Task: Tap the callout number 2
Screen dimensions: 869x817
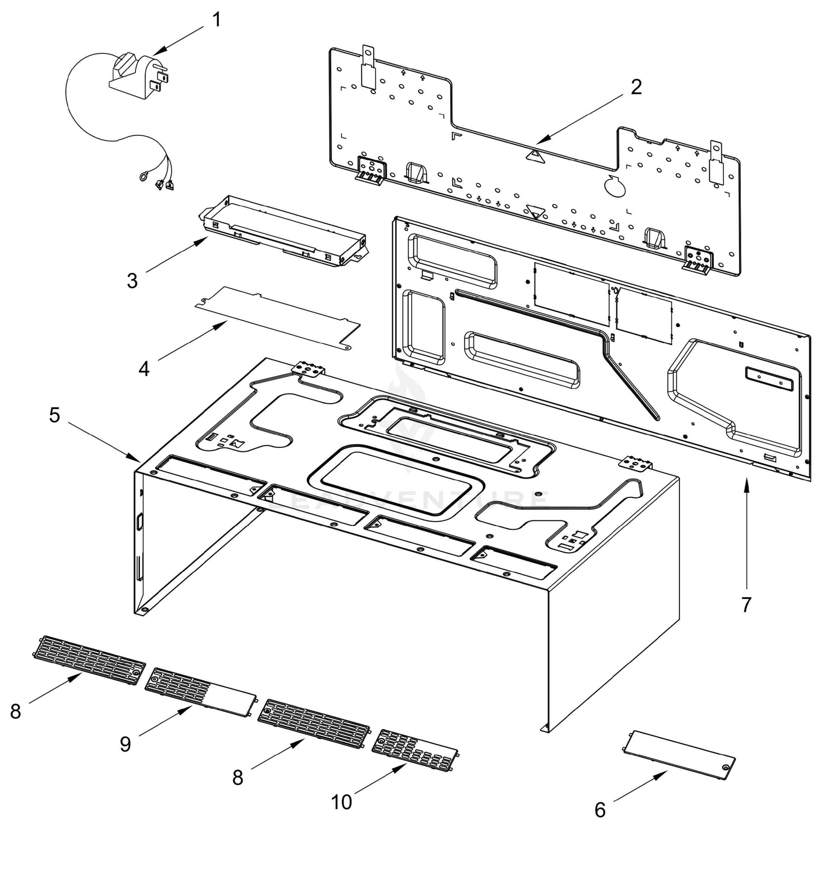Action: (x=636, y=87)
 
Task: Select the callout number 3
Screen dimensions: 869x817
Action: (x=132, y=281)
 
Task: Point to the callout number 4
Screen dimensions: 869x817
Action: (x=144, y=369)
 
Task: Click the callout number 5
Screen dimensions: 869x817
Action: (x=54, y=415)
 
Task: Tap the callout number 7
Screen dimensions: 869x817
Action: (x=746, y=605)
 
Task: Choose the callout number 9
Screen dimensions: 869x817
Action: (x=125, y=744)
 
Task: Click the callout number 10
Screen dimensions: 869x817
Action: (x=341, y=802)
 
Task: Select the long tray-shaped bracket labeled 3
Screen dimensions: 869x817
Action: (x=284, y=232)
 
